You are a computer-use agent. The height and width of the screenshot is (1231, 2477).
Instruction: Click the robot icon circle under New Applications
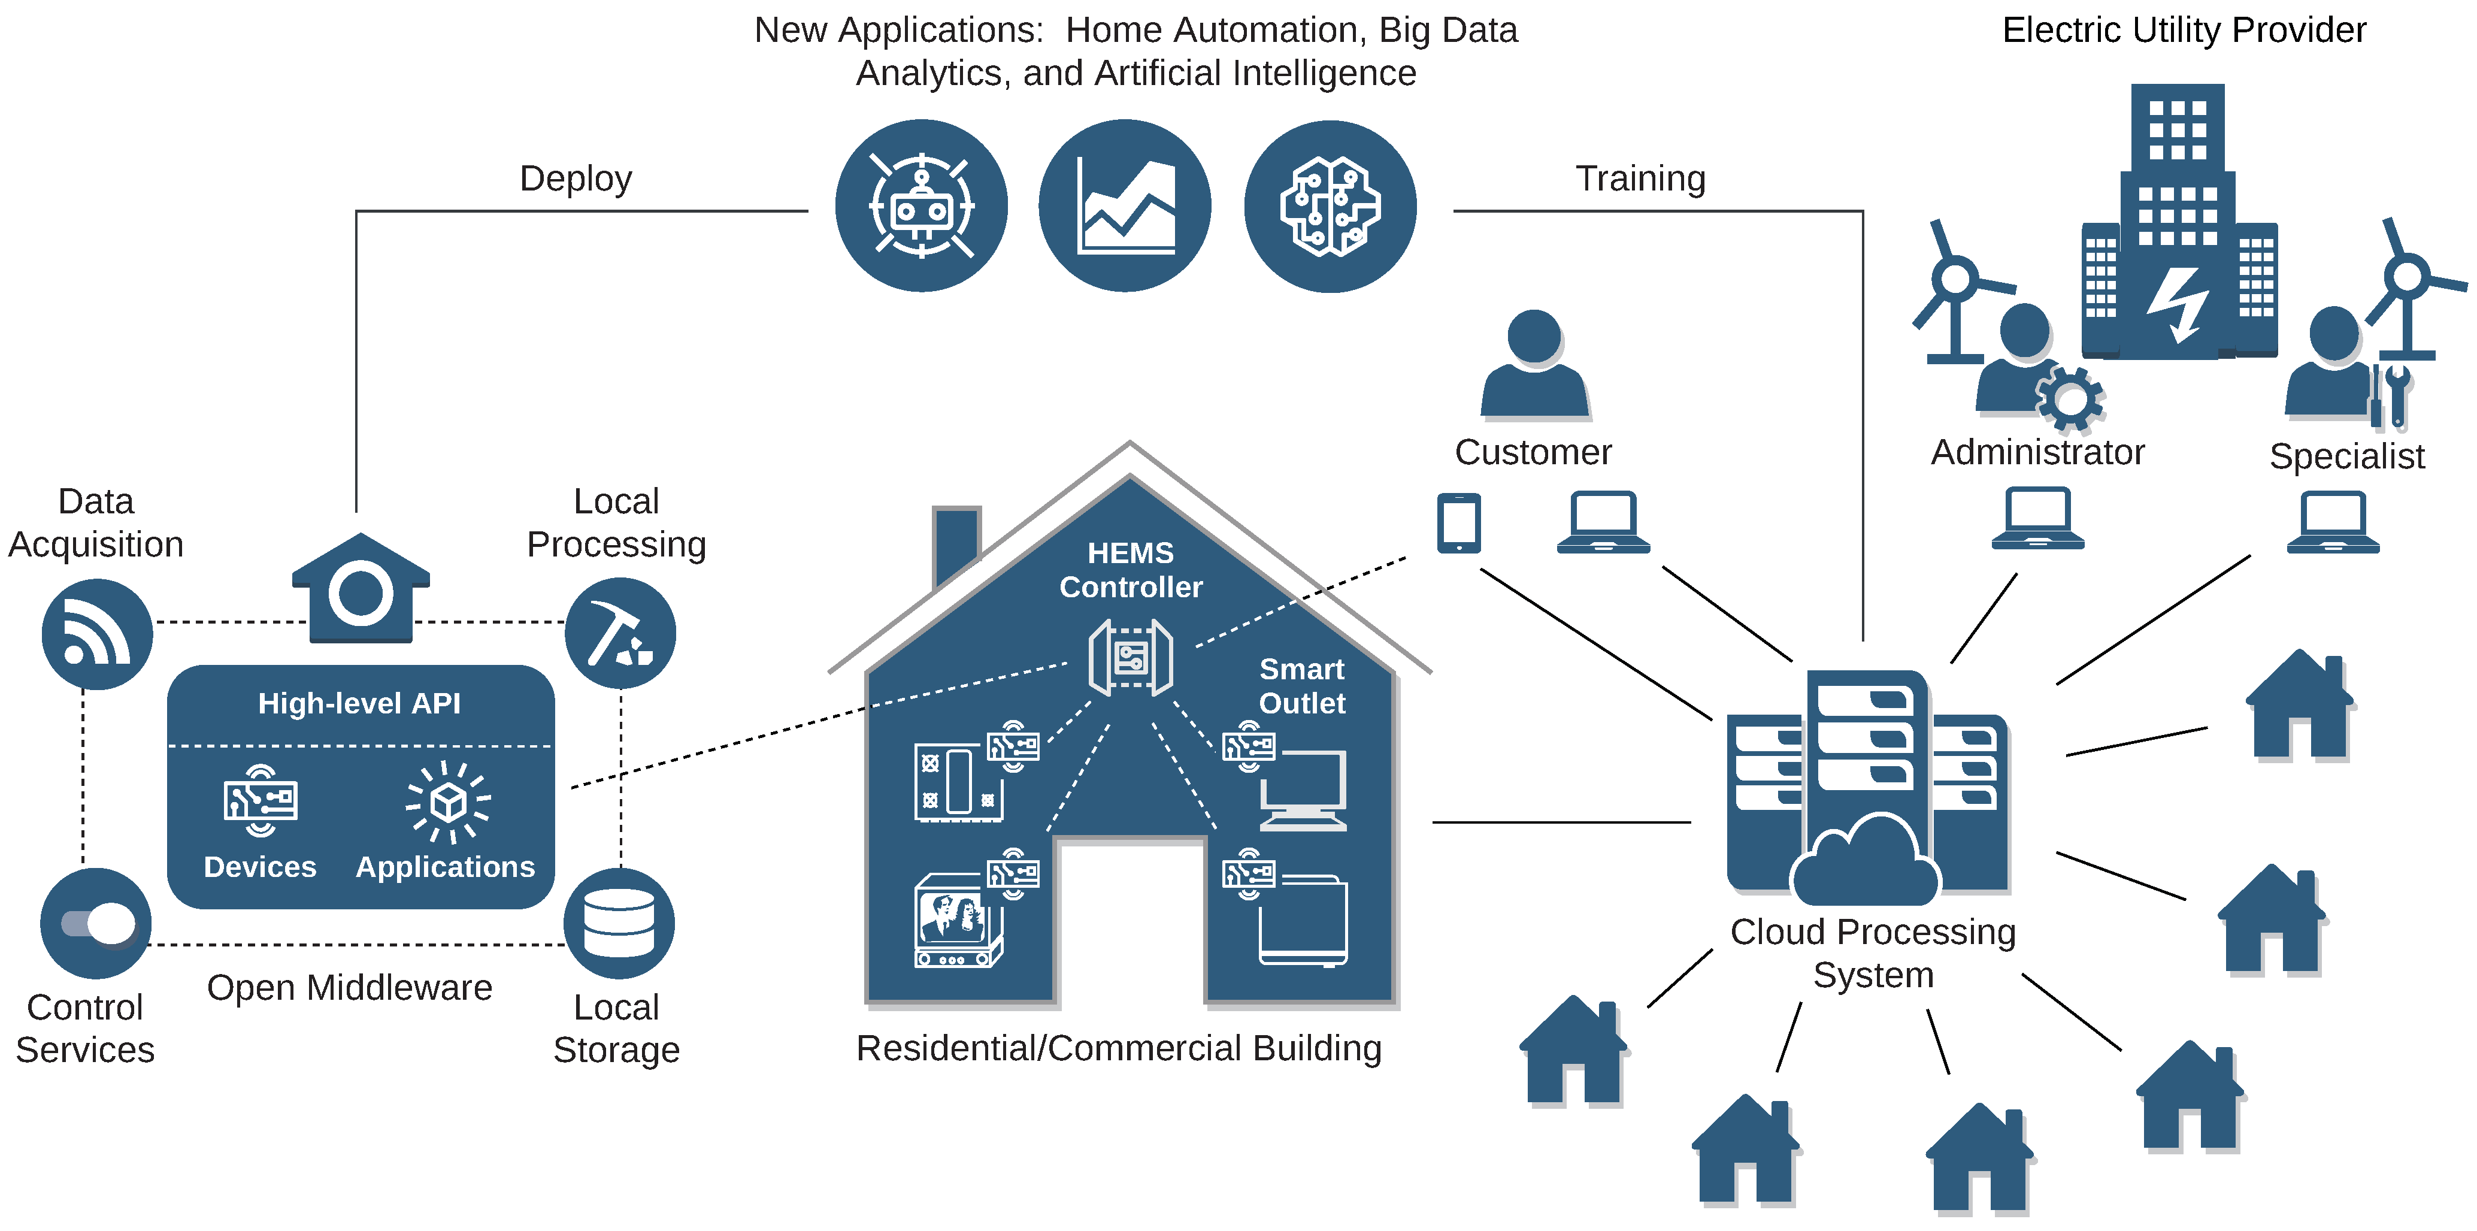coord(921,206)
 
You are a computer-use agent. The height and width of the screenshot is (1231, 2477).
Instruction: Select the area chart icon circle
coord(1125,206)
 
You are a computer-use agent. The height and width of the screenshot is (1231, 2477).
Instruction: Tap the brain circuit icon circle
coord(1330,206)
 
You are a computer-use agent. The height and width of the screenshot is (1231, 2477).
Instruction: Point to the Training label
coord(1640,179)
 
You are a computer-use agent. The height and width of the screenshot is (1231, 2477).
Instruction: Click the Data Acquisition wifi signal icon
coord(96,634)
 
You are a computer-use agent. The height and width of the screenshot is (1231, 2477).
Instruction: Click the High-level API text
coord(359,703)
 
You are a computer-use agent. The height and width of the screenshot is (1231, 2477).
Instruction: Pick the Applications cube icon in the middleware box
coord(448,801)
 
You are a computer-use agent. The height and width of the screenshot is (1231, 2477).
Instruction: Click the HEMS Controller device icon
coord(1130,658)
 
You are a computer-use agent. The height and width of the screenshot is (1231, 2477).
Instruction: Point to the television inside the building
coord(955,920)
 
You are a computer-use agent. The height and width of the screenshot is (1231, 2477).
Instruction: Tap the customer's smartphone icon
coord(1459,523)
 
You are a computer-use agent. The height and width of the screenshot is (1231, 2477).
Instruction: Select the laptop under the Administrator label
coord(2037,518)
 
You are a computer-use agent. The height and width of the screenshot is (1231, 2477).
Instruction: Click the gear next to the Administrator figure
coord(2069,398)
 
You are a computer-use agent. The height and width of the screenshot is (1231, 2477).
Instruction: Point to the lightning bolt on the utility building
coord(2178,303)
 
